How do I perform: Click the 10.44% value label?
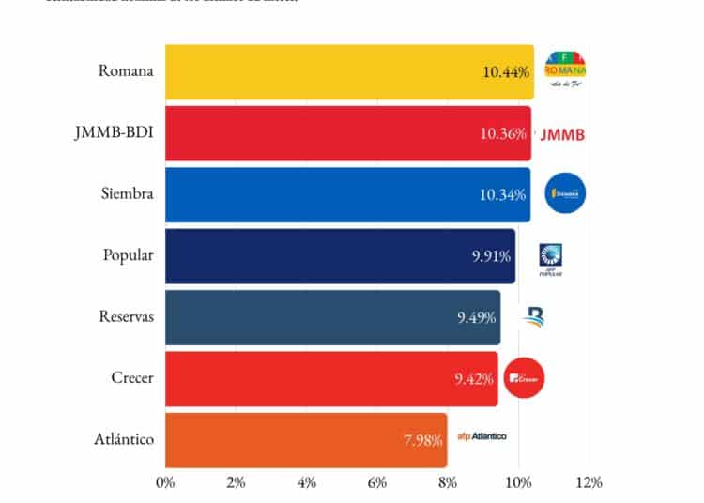point(505,72)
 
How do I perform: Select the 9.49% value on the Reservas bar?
point(477,317)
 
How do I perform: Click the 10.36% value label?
point(503,134)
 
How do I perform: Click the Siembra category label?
point(127,193)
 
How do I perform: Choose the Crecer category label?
point(131,377)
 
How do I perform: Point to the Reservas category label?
point(126,316)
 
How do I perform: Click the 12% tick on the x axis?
point(589,482)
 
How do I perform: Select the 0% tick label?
point(165,482)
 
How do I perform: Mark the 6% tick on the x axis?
point(377,482)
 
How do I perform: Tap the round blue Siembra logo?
point(566,194)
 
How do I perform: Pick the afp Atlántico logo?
point(482,436)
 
